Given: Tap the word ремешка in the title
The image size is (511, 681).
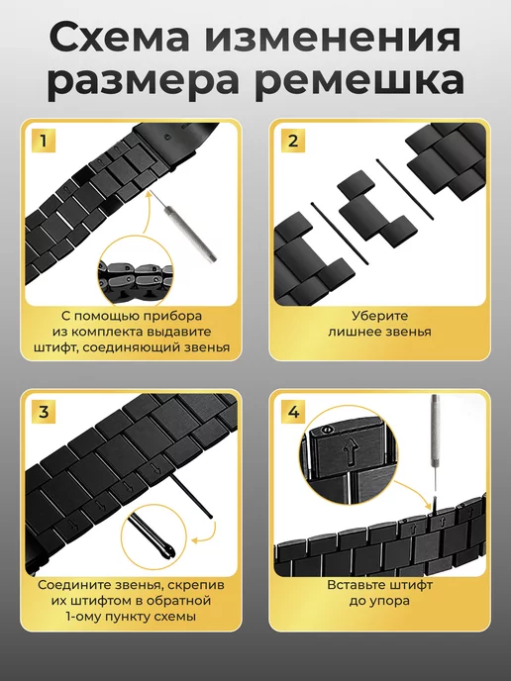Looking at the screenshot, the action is [x=359, y=81].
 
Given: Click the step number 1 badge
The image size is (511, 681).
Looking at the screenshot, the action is [x=43, y=141].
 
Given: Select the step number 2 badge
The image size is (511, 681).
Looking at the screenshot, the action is [x=293, y=141].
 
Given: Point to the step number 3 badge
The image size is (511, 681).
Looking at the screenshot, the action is [x=43, y=411].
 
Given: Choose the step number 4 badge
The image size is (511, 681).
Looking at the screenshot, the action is [x=293, y=411].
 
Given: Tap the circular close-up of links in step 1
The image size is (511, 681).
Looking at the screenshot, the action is [x=136, y=270].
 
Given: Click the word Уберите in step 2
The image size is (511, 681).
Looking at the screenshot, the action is [x=379, y=316].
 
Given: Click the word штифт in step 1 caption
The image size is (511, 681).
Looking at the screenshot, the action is [x=54, y=347].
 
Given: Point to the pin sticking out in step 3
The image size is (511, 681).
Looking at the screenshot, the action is [x=191, y=496].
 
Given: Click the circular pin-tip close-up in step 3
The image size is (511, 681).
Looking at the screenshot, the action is [x=153, y=537].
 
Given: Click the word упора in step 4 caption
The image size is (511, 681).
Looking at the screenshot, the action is [x=390, y=602].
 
